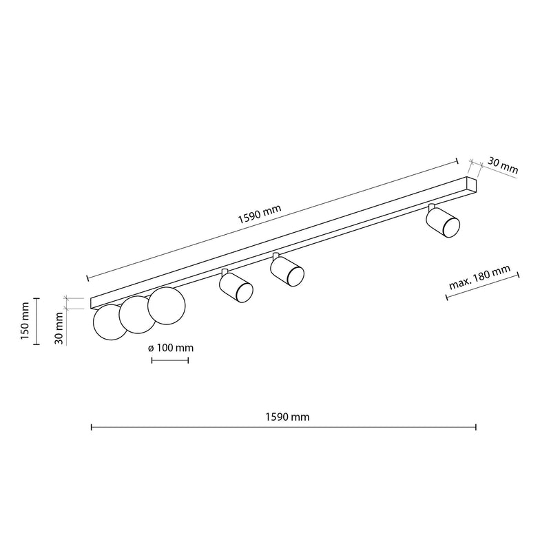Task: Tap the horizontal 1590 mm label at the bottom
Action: tap(287, 417)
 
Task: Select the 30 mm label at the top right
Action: tap(502, 166)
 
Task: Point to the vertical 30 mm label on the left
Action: tap(61, 328)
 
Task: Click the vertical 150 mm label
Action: tap(24, 322)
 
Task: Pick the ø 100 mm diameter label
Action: tap(170, 348)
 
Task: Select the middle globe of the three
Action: tap(137, 314)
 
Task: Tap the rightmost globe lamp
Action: tap(166, 305)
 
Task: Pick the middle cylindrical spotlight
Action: tap(288, 271)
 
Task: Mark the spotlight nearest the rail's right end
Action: tap(444, 223)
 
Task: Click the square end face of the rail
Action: tap(472, 185)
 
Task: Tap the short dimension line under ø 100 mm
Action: tap(169, 360)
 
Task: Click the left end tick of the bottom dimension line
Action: tap(92, 428)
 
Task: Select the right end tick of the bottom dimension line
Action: tap(476, 428)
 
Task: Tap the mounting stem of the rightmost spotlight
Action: tap(432, 207)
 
